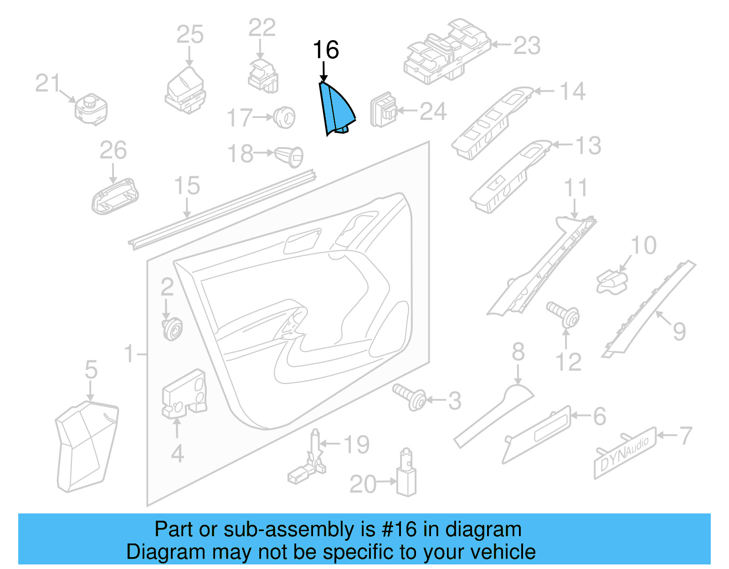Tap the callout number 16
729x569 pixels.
[326, 50]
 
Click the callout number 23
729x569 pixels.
[527, 46]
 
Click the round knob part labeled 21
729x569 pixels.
[91, 109]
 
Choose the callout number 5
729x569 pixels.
[91, 369]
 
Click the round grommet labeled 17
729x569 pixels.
[285, 117]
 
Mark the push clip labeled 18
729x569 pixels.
[289, 156]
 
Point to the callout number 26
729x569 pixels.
[113, 150]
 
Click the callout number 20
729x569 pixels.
[363, 484]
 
